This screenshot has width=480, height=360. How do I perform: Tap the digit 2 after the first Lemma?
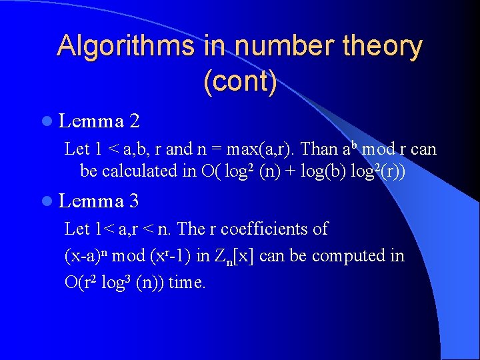click(x=135, y=121)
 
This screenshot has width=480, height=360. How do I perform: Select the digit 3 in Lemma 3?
click(x=135, y=200)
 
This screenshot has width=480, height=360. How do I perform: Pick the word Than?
click(x=321, y=149)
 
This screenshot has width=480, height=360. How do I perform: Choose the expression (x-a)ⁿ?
click(x=86, y=256)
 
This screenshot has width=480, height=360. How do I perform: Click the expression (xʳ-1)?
click(x=180, y=256)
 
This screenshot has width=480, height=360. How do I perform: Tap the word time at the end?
click(x=187, y=283)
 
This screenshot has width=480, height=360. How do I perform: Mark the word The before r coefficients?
click(x=191, y=229)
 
